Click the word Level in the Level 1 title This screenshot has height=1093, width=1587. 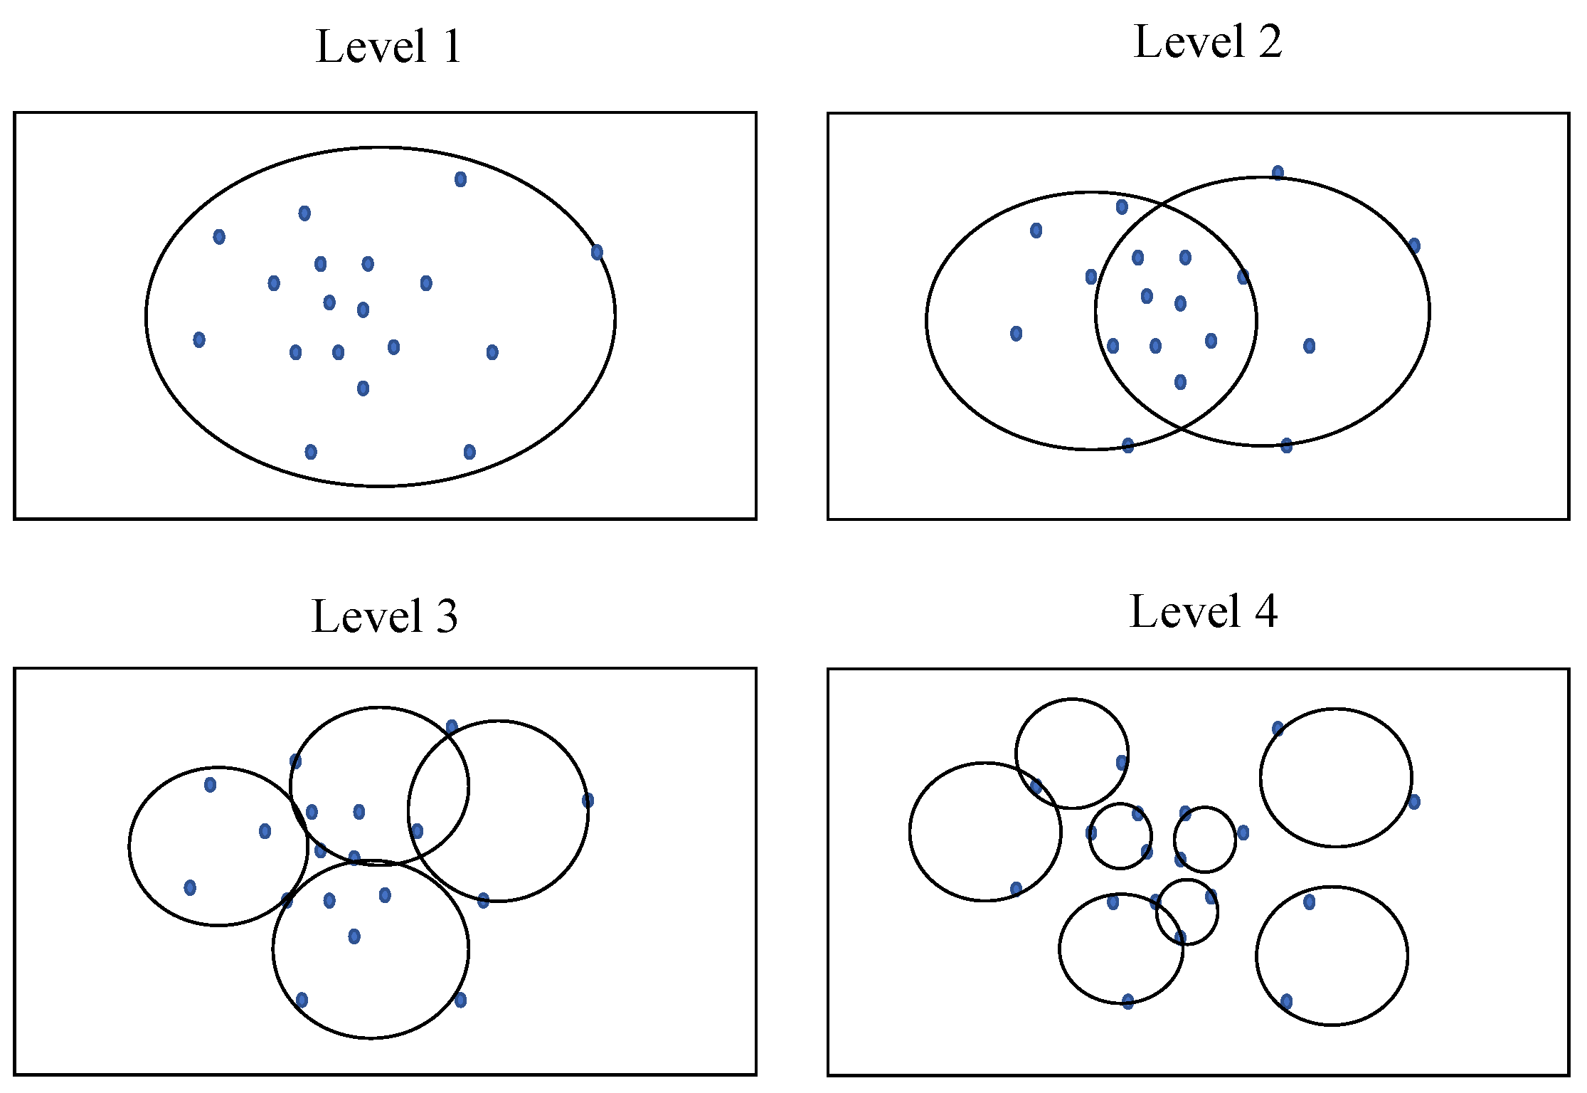click(x=371, y=47)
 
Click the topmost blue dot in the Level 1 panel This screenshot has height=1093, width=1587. click(x=460, y=179)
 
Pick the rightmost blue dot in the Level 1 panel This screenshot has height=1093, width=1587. click(x=597, y=252)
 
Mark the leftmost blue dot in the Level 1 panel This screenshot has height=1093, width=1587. click(x=199, y=339)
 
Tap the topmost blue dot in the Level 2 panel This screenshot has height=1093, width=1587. click(x=1278, y=172)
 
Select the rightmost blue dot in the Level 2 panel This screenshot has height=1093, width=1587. click(x=1414, y=245)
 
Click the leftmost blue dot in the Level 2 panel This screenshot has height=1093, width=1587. click(x=1016, y=333)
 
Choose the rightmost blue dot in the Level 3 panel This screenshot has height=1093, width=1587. click(x=588, y=801)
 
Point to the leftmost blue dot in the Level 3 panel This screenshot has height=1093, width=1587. click(x=190, y=887)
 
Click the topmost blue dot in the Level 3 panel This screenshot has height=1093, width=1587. click(x=452, y=727)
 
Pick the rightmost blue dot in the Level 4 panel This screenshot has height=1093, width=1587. click(x=1414, y=802)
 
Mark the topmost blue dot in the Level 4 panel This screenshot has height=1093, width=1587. click(x=1278, y=728)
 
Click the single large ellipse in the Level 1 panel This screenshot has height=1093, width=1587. click(x=147, y=317)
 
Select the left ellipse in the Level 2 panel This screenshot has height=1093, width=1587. click(x=927, y=320)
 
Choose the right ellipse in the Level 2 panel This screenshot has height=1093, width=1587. click(x=1429, y=312)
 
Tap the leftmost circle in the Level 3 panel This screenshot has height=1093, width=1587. click(x=129, y=846)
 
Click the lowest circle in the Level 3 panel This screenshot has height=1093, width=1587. click(x=371, y=1038)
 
